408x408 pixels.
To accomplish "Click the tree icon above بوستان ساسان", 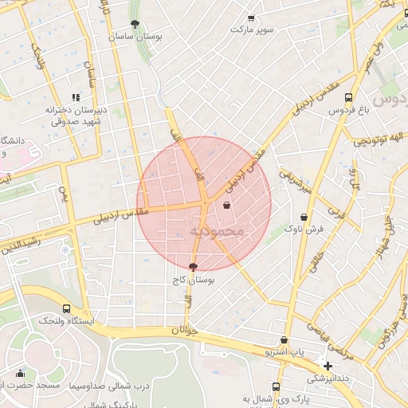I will [133, 25].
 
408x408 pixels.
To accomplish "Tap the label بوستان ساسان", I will [133, 37].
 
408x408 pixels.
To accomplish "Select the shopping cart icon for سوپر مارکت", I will [252, 18].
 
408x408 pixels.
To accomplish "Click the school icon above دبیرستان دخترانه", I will [76, 97].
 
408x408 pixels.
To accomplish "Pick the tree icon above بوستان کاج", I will [193, 268].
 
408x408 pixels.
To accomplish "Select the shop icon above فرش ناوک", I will [304, 217].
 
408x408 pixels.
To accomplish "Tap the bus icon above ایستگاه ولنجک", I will [65, 308].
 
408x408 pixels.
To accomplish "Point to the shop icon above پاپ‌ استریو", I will [284, 340].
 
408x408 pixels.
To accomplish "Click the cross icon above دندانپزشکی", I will [328, 366].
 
